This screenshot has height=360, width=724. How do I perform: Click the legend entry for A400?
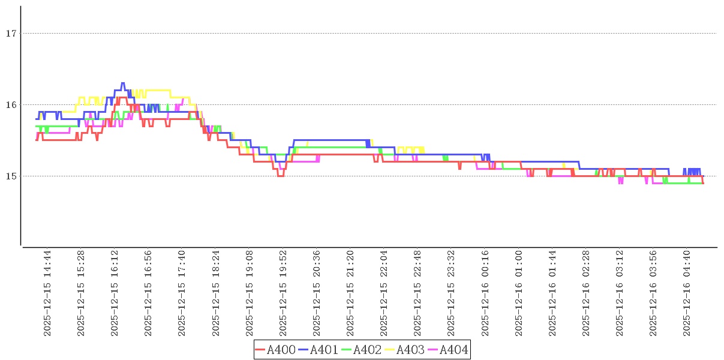coord(275,350)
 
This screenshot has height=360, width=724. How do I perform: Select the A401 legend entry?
coord(319,350)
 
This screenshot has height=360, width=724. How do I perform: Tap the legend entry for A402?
coord(362,350)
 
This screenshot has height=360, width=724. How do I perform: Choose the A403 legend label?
coord(405,350)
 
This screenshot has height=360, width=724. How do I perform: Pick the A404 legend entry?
coord(447,350)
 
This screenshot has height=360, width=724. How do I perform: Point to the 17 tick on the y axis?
coord(10,34)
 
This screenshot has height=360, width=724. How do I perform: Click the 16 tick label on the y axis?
coord(10,105)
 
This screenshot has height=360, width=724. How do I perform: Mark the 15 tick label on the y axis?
coord(10,176)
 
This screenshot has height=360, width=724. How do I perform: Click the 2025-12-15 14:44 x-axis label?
coord(48,293)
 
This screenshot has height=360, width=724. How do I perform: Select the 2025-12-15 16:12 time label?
coord(115,293)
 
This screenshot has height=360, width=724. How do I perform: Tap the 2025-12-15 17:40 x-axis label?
coord(182,293)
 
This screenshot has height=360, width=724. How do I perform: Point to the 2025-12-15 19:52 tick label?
coord(283,293)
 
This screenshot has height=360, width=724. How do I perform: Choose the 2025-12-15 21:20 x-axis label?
coord(350,293)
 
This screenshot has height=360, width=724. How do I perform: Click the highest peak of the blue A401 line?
coord(123,83)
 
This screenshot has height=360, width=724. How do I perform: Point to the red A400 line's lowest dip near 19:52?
coord(281,176)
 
